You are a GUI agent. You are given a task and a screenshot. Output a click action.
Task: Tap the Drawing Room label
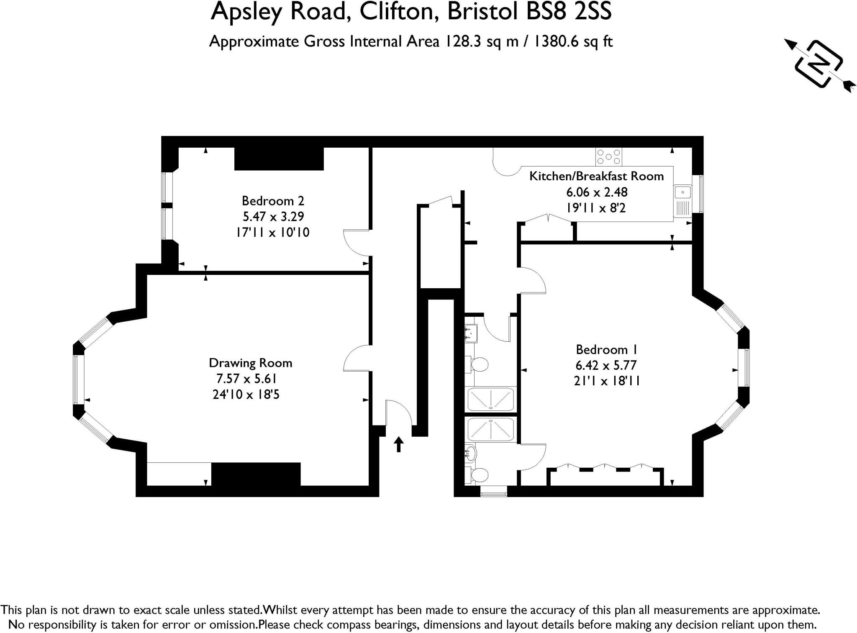250,363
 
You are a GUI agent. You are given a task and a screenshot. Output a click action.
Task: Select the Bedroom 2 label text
273,201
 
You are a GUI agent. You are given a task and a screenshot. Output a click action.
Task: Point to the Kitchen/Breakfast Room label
596,176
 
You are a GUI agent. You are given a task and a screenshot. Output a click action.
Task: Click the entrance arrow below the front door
399,444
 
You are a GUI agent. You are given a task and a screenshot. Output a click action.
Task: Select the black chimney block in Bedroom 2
279,159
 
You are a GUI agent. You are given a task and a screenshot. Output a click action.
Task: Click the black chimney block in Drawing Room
256,474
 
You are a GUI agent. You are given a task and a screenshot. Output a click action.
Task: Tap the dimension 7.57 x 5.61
246,379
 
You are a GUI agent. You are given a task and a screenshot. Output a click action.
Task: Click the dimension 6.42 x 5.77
606,365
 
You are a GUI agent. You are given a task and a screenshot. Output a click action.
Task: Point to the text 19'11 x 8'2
596,208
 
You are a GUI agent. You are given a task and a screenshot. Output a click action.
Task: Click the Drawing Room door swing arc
356,358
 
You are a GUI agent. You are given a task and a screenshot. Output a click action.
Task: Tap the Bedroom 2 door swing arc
356,243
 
